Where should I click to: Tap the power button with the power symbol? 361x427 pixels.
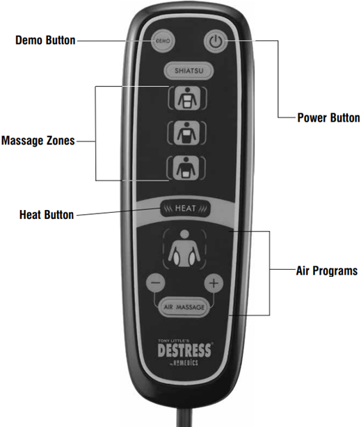point(215,42)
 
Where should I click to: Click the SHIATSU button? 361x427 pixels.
point(188,71)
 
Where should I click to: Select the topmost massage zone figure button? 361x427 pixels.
point(187,98)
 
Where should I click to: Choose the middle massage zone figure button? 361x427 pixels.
point(186,133)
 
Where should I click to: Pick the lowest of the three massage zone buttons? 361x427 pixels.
point(186,168)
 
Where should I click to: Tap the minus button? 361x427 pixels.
point(156,282)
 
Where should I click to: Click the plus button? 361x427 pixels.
point(214,283)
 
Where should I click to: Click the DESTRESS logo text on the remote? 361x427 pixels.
point(184,351)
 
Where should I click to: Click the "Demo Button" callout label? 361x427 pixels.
point(45,40)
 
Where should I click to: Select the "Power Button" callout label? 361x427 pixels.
point(328,118)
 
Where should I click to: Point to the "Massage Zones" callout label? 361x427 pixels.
point(38,140)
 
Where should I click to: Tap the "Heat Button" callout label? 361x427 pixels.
point(47,215)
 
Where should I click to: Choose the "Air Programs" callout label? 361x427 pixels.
point(327,271)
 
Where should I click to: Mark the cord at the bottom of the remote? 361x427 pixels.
point(184,417)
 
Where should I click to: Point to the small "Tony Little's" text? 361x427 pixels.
point(170,341)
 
